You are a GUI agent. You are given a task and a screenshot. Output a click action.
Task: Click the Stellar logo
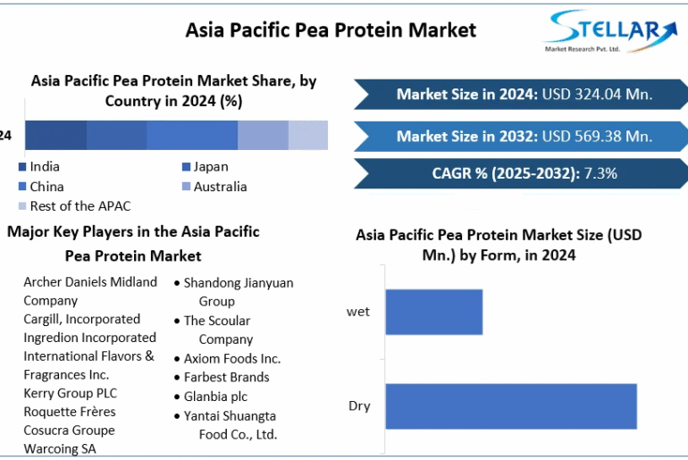611,31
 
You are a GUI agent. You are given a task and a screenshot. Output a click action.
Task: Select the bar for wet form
434,312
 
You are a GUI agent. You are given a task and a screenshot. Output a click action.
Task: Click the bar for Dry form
511,406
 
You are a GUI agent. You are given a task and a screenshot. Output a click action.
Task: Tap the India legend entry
39,167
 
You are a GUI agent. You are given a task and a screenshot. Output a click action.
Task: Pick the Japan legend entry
205,167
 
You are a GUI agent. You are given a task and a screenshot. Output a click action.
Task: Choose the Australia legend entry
214,187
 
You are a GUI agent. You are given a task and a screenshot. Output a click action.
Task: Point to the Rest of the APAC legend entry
74,206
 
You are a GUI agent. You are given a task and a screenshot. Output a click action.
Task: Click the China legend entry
41,187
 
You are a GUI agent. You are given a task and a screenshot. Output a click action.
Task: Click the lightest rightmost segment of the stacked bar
308,135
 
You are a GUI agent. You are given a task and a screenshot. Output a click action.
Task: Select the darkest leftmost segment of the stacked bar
55,135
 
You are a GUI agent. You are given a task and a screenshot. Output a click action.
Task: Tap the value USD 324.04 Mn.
597,95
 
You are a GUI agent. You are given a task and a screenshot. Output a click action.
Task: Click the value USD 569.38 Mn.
597,137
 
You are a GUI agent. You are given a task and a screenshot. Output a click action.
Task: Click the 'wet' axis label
358,312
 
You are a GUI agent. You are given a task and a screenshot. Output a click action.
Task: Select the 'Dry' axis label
359,406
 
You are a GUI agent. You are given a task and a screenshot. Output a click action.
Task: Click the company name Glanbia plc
215,397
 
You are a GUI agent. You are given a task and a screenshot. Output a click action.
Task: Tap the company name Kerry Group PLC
71,393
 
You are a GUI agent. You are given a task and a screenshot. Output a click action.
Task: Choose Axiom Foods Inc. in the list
232,359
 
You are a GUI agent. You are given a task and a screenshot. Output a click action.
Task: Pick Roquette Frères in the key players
70,412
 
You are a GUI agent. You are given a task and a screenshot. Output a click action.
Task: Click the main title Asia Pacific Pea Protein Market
331,30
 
